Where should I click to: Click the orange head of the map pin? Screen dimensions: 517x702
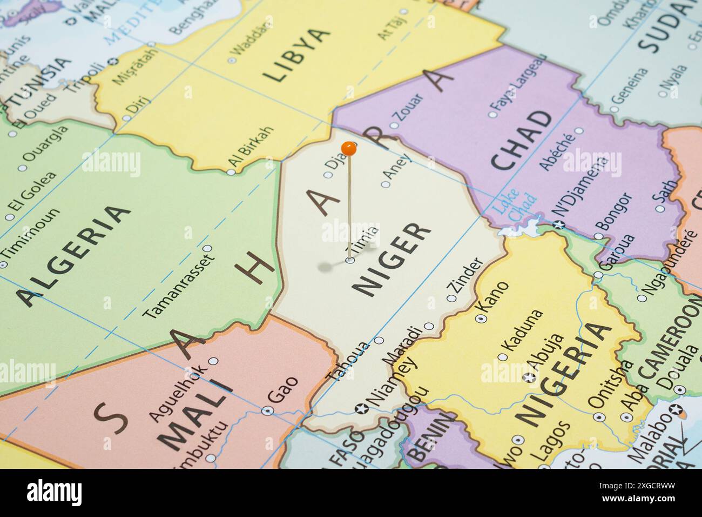[x=349, y=147]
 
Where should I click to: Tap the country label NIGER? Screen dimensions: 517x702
[x=393, y=260]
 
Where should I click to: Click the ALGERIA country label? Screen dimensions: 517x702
[x=73, y=254]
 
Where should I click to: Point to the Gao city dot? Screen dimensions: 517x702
[x=267, y=410]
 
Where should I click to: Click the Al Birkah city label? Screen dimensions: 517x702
[x=251, y=148]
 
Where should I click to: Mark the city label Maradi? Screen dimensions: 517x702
[x=401, y=344]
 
